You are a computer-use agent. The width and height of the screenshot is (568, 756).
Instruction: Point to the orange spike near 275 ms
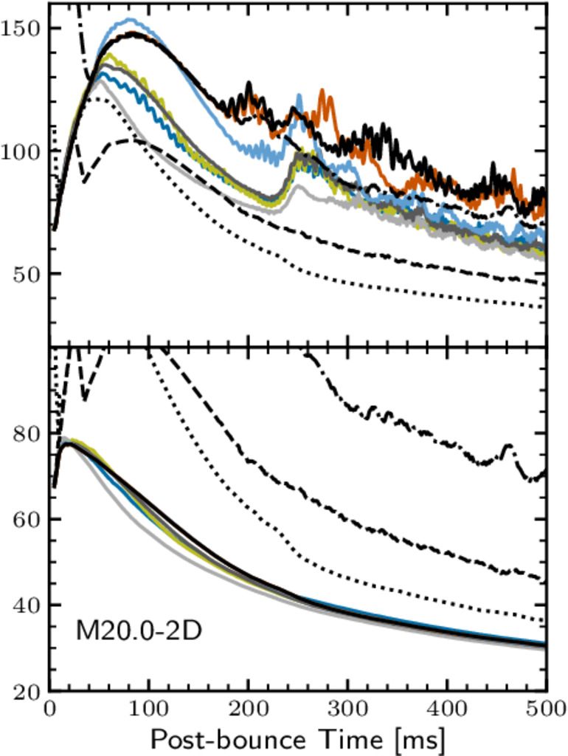click(x=322, y=92)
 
